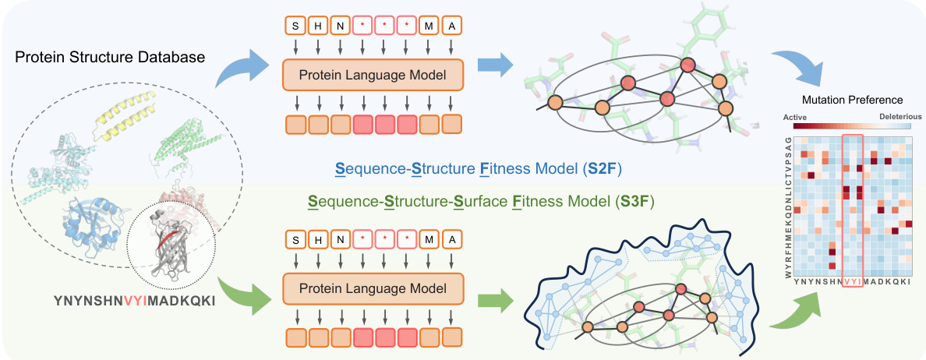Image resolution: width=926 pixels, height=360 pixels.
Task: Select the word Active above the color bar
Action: [802, 116]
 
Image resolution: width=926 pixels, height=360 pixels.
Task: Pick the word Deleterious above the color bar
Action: [900, 116]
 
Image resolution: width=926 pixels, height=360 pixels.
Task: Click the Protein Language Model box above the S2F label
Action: [373, 76]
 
